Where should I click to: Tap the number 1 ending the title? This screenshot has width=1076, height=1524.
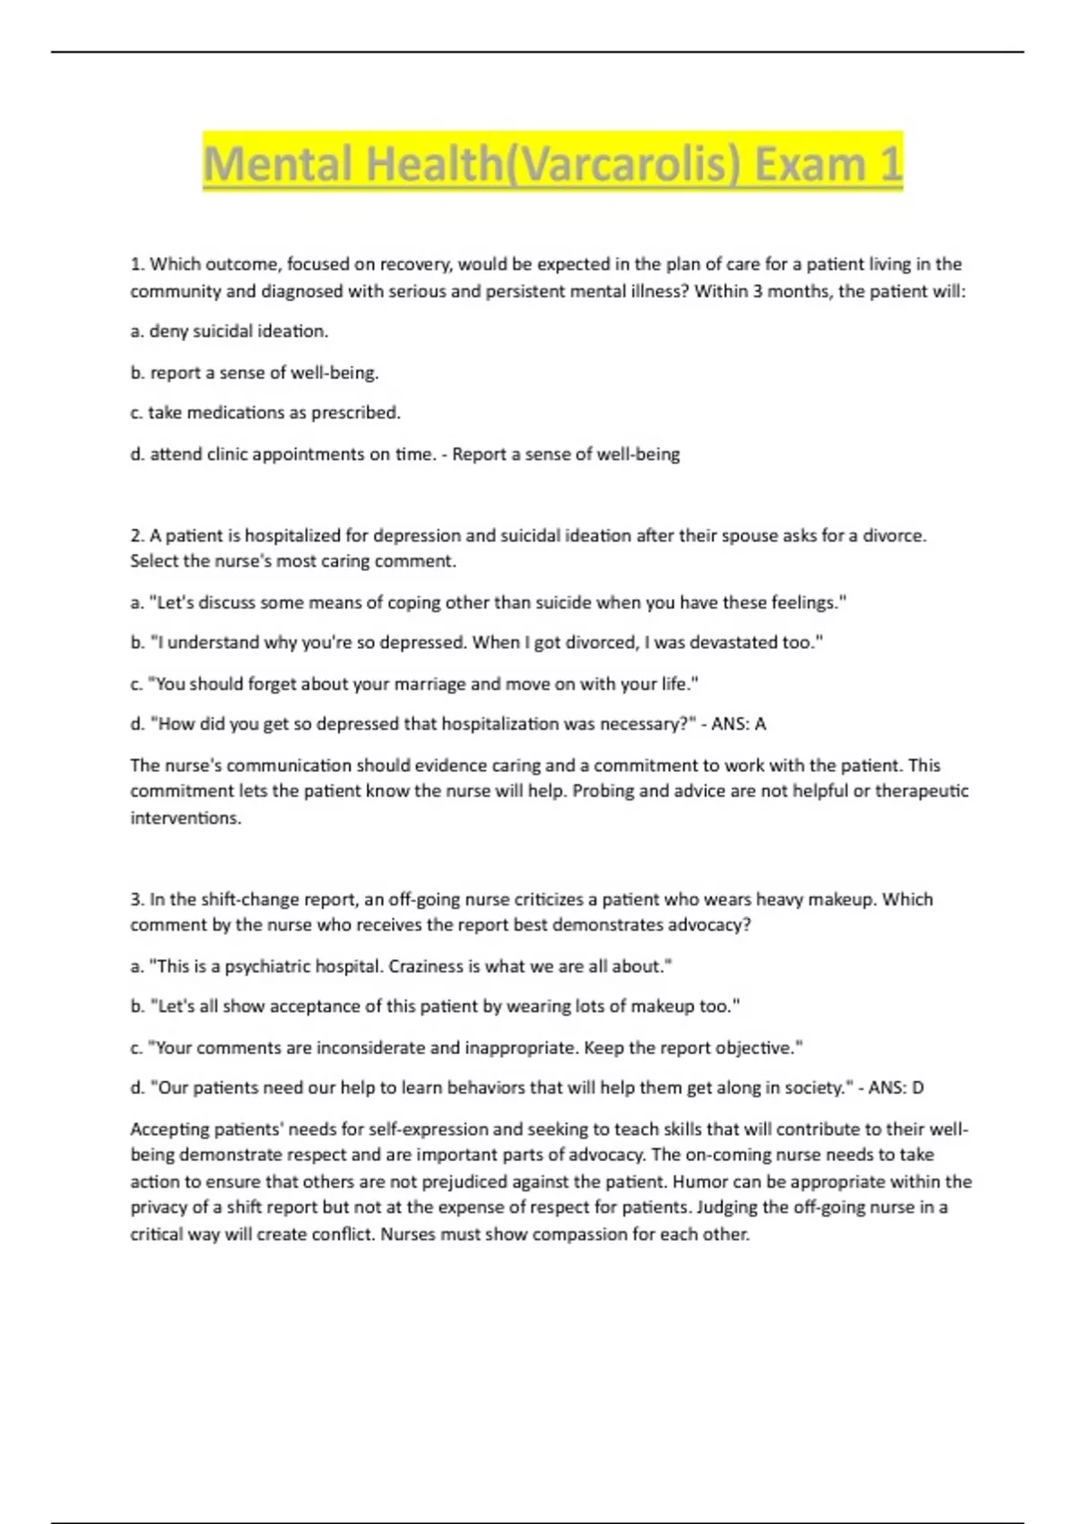[889, 164]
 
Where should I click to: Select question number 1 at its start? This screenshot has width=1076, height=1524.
[137, 264]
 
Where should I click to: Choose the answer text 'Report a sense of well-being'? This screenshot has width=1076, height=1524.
[566, 455]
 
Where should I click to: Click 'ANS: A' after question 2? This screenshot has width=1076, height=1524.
[739, 724]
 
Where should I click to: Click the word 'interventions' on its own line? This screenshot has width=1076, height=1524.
[185, 818]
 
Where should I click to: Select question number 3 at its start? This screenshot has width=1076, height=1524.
[137, 900]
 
